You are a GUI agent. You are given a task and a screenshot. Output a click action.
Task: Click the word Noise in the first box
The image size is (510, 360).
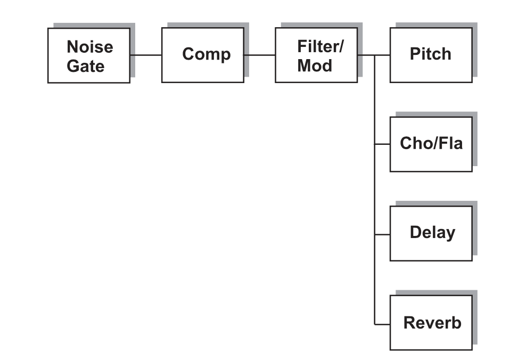[x=90, y=47]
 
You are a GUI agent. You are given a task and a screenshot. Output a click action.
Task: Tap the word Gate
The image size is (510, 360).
[x=86, y=66]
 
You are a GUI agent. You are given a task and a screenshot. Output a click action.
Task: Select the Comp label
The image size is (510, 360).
[x=207, y=54]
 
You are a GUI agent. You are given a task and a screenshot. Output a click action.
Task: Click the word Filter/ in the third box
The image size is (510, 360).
[x=320, y=46]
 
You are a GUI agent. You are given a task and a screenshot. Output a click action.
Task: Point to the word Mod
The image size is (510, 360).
[x=315, y=66]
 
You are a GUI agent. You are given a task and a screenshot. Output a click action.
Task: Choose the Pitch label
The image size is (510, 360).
[x=430, y=54]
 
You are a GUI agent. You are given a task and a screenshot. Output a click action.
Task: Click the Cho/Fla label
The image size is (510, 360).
[x=431, y=143]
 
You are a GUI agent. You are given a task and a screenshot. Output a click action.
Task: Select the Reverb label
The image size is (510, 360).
[x=432, y=323]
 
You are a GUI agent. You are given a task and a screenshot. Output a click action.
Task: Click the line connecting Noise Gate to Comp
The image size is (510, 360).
[x=146, y=55]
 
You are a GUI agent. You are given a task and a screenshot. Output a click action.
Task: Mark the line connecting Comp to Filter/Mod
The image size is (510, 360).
[x=260, y=55]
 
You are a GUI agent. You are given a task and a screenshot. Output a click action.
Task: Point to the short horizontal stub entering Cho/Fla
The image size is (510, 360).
[x=382, y=144]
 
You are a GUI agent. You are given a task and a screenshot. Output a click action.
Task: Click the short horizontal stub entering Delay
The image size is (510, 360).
[x=382, y=234]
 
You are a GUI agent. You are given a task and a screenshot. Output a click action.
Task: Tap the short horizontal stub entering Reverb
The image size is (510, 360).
[x=382, y=324]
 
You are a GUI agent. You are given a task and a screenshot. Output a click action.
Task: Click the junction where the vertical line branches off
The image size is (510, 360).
[x=374, y=55]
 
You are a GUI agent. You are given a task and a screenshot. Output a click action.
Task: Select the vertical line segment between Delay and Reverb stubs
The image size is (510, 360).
[x=374, y=279]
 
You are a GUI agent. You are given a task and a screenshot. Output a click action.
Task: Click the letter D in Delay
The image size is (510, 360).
[x=416, y=232]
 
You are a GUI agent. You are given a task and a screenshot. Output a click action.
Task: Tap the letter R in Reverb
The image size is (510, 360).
[x=409, y=323]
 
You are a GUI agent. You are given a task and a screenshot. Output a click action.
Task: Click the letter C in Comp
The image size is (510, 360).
[x=188, y=54]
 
